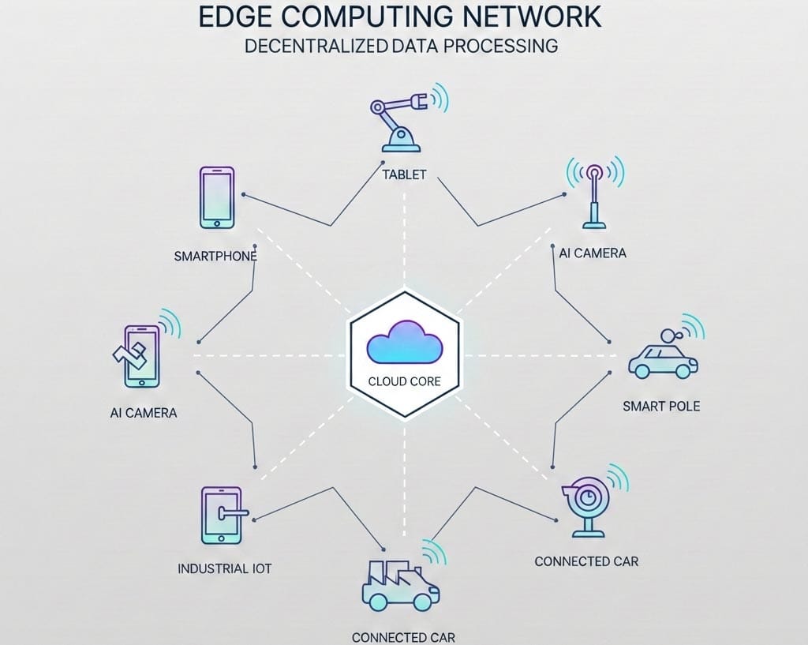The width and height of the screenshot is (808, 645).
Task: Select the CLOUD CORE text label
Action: pos(404,381)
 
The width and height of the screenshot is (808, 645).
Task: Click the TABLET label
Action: pos(403,174)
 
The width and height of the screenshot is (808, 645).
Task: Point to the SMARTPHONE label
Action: pos(215,257)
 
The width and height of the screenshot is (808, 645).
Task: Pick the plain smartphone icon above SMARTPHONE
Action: pos(216,197)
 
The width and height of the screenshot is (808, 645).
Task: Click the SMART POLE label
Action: pos(661,407)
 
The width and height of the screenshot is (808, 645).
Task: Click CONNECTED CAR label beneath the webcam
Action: pos(586,561)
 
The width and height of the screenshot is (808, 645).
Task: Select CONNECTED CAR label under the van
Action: pos(403,637)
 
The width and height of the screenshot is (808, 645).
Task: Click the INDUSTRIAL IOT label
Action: pos(224,568)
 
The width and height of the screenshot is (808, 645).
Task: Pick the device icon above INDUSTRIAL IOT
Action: pos(222,516)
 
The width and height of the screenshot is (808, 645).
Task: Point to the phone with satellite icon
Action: pos(142,356)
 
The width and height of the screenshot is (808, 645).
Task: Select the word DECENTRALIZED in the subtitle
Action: pos(315,46)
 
